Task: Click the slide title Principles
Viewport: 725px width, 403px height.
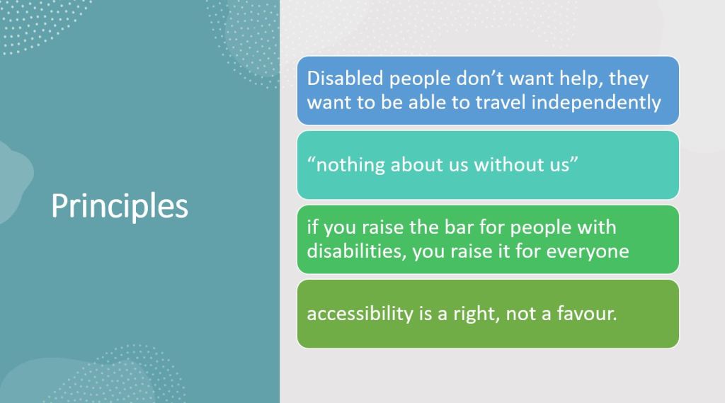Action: pos(119,206)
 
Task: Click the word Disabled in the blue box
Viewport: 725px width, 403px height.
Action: pos(345,78)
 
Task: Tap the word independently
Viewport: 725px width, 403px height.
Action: pos(596,102)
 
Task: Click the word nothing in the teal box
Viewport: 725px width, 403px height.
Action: pos(350,165)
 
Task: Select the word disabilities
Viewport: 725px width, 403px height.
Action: pos(357,251)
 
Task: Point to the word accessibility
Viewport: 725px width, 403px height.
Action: pos(360,314)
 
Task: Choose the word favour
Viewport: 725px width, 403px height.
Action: pos(587,313)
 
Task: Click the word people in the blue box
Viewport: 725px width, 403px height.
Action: pos(420,79)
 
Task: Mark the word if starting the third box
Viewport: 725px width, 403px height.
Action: pos(312,227)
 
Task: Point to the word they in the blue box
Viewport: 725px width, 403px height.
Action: pos(629,79)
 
